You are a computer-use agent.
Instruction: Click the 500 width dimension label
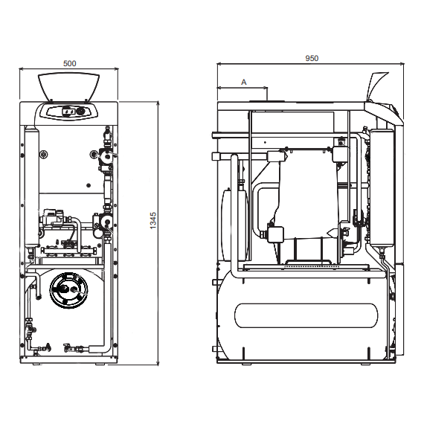69,63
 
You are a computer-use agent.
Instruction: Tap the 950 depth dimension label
312,58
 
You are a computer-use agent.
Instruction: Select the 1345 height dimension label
153,220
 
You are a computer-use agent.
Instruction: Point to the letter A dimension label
244,82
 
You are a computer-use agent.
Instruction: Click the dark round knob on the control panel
80,111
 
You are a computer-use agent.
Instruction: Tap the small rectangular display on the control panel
68,111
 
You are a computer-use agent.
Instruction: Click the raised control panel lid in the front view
68,86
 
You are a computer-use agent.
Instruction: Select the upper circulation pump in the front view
107,155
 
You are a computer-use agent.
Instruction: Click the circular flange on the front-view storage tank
68,290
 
